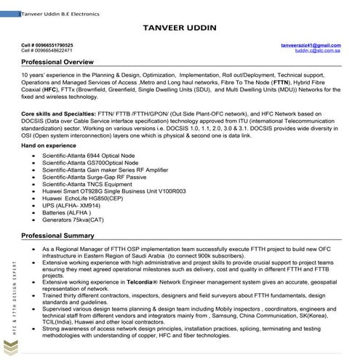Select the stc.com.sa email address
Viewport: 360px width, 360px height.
point(317,51)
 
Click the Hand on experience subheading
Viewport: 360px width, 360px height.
point(49,146)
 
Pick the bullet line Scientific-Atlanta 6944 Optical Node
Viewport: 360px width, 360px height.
point(92,157)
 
